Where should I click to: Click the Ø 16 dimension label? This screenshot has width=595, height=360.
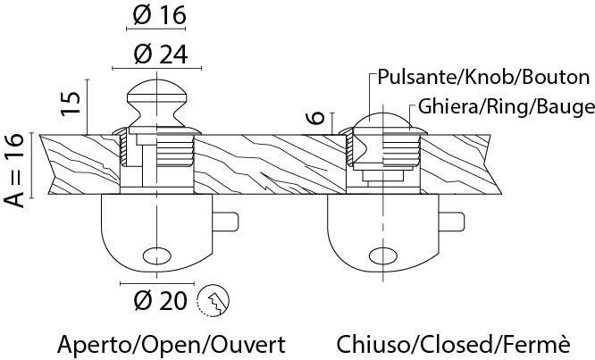[157, 15]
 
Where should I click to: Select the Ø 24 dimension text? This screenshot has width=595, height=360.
[157, 54]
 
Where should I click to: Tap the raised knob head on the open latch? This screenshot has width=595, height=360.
[157, 97]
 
